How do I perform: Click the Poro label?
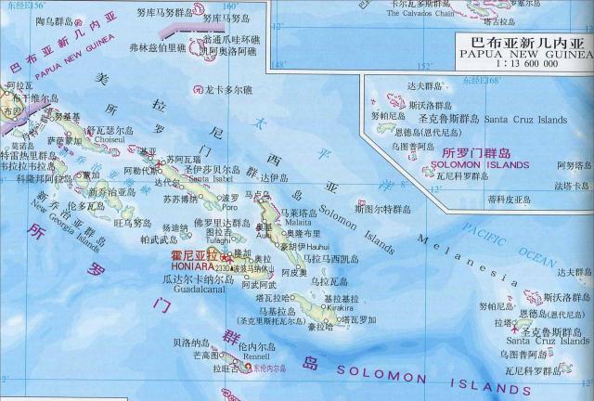(228, 207)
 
